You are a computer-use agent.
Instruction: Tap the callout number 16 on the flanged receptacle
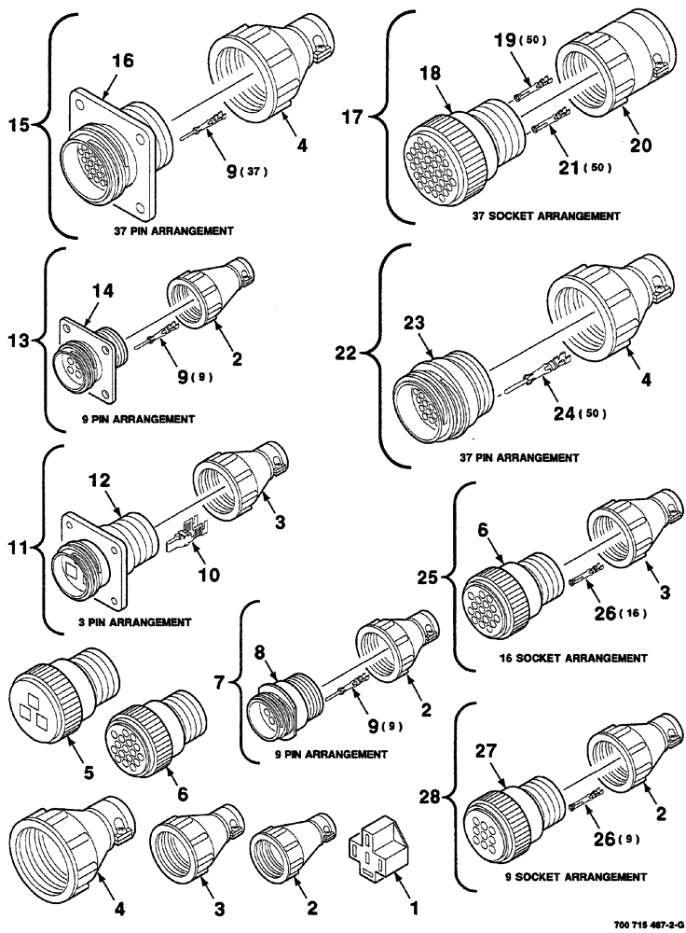(x=123, y=61)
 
